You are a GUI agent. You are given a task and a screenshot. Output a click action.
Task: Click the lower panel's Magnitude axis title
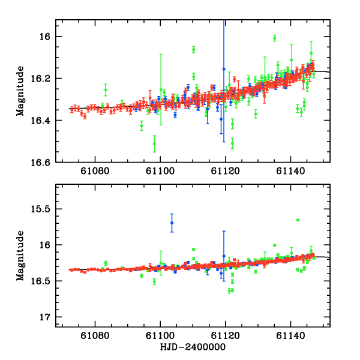tap(20, 256)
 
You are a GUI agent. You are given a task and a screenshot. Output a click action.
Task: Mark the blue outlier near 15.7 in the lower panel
tap(172, 223)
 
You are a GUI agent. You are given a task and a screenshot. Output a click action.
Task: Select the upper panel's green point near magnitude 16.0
tap(274, 38)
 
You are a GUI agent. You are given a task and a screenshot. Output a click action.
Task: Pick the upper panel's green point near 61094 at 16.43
tap(142, 126)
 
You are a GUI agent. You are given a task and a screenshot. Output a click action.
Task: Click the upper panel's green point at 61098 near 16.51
tap(154, 143)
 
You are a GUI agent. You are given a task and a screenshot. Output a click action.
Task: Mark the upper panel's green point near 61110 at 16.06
tap(194, 49)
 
